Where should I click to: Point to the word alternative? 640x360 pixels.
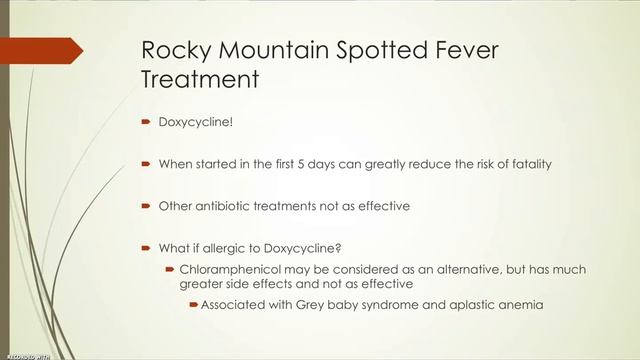point(468,270)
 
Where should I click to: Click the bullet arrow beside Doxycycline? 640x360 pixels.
point(145,124)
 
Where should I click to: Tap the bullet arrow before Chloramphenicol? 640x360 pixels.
point(169,270)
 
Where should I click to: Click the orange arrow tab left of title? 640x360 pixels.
point(40,50)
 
